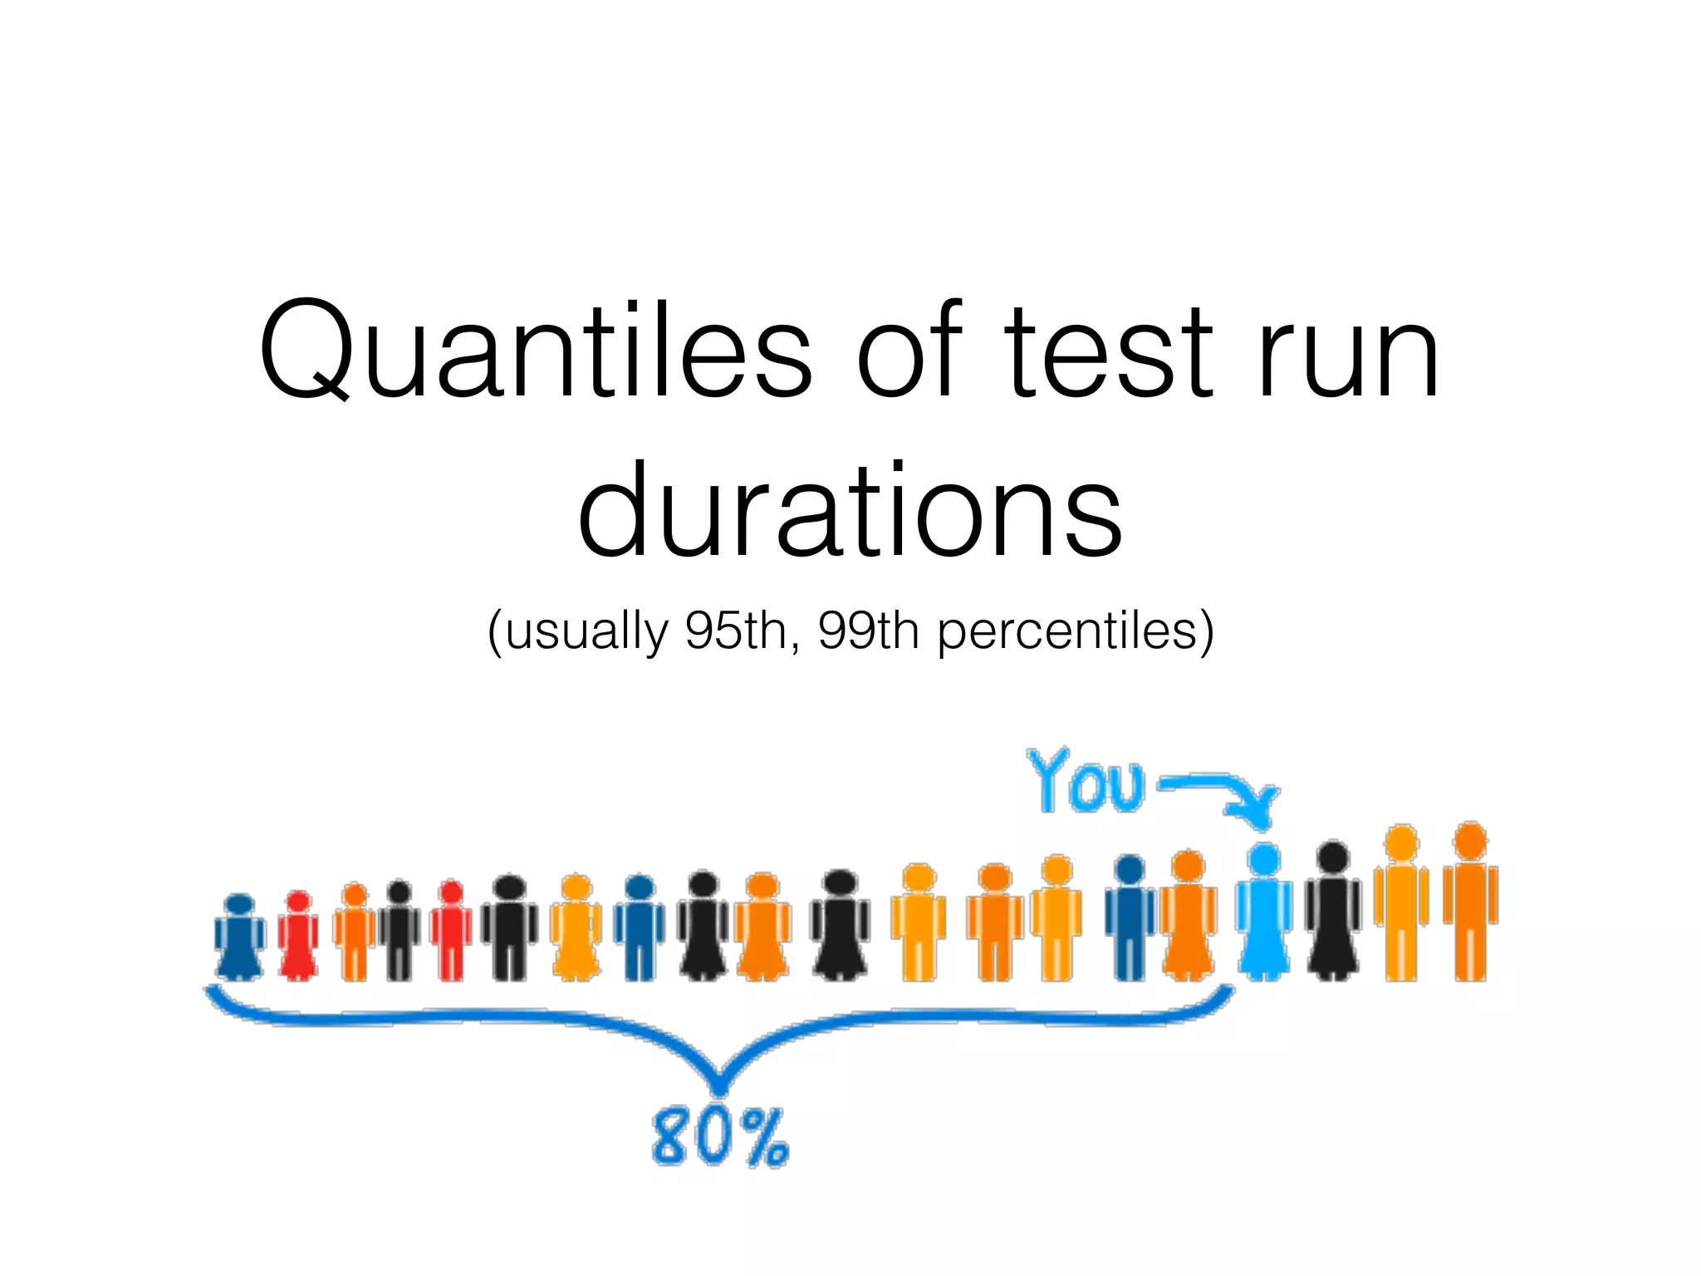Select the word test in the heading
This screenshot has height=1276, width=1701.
1109,353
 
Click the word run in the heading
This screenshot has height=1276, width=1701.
1347,353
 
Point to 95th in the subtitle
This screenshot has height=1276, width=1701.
736,631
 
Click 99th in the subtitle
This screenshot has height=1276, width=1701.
868,631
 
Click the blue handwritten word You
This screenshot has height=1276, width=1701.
1085,781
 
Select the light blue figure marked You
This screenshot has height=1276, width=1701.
1264,914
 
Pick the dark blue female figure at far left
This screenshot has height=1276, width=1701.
239,939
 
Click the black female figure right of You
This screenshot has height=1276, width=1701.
1333,914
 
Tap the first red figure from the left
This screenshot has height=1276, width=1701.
298,937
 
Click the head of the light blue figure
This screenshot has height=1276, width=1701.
1264,859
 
